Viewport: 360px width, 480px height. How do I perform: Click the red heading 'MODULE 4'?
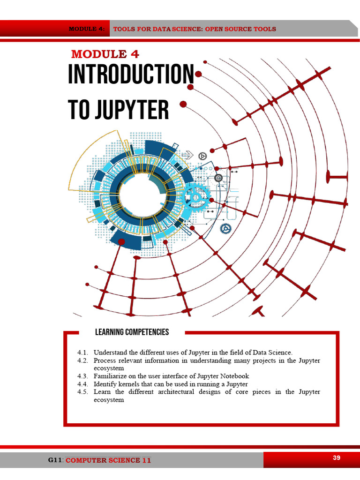(105, 54)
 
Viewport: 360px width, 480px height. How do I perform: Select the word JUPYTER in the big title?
(132, 110)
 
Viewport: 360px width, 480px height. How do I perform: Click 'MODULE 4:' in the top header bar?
(87, 29)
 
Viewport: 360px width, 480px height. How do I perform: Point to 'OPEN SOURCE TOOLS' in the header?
(240, 29)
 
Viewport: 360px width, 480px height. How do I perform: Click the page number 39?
(337, 457)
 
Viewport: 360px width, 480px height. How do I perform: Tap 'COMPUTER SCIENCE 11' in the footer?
(108, 460)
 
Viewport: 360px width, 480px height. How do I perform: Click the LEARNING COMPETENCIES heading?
(132, 332)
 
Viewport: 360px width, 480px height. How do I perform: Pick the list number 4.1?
(82, 352)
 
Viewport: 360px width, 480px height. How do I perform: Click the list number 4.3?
(82, 376)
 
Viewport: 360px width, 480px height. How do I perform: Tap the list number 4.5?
(82, 392)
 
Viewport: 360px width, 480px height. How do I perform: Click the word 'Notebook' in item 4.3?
(234, 376)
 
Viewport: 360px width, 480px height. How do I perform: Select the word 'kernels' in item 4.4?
(129, 384)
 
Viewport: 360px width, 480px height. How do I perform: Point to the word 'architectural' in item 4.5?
(176, 392)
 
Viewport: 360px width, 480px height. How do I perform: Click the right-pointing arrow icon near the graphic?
(187, 155)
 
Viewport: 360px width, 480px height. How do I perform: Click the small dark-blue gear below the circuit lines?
(225, 228)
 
